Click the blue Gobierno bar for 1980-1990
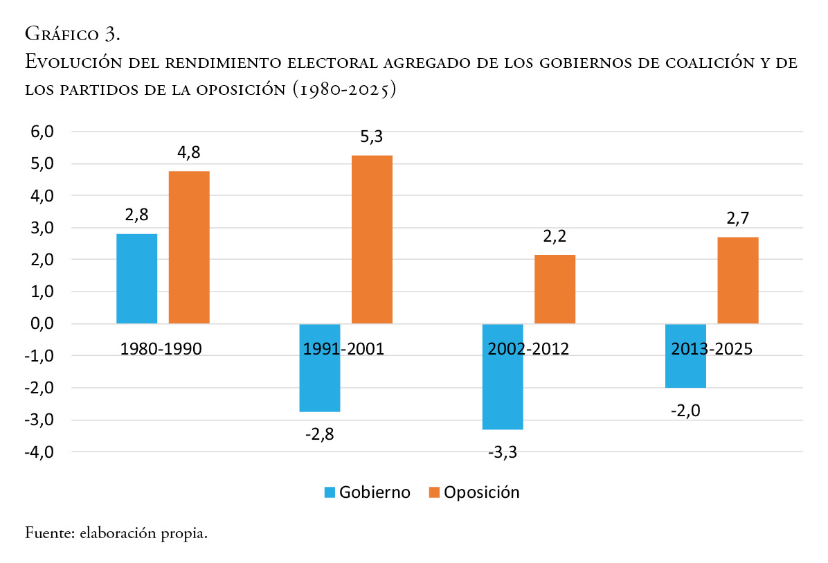click(x=136, y=278)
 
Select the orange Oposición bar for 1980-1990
click(x=189, y=247)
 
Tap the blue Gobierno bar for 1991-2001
click(x=320, y=368)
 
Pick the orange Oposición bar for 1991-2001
click(x=372, y=239)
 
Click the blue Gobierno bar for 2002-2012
click(x=503, y=376)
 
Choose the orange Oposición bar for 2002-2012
click(x=555, y=289)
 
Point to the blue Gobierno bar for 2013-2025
click(x=685, y=355)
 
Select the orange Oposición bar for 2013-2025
click(x=738, y=280)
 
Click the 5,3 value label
click(x=372, y=137)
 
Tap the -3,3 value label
click(x=503, y=453)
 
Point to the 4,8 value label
click(x=189, y=153)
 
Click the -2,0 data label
click(x=685, y=411)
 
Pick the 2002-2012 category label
click(x=528, y=348)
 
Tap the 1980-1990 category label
click(x=161, y=348)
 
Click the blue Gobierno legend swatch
click(x=329, y=492)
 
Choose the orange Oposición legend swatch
click(x=434, y=492)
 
